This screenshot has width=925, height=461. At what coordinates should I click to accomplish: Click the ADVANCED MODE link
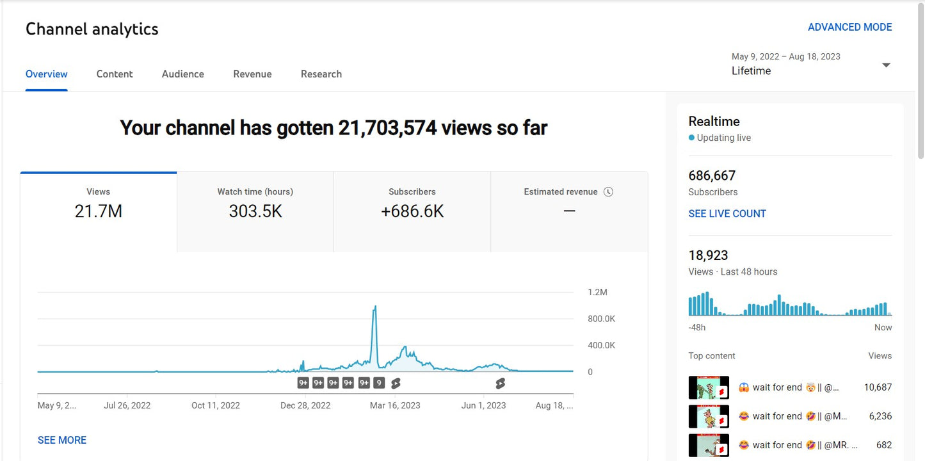(x=849, y=27)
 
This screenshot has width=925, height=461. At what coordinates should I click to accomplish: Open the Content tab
(x=115, y=74)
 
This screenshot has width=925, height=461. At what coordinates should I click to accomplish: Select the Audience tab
(x=182, y=74)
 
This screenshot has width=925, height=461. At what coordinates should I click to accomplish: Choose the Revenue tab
(x=252, y=74)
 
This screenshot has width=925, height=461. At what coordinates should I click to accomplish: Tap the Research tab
(x=321, y=74)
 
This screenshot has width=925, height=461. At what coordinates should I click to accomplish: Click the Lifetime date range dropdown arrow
(x=886, y=65)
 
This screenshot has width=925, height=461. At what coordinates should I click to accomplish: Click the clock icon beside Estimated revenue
(x=608, y=192)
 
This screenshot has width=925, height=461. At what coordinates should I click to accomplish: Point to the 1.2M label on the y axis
(x=597, y=292)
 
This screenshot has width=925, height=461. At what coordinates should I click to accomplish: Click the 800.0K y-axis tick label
(x=601, y=319)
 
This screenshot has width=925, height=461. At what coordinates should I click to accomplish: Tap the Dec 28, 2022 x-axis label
(x=305, y=405)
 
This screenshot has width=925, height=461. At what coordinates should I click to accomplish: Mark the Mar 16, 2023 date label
(x=395, y=405)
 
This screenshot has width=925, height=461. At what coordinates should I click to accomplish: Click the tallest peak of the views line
(x=374, y=307)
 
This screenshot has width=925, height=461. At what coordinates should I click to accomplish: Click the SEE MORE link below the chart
(x=62, y=440)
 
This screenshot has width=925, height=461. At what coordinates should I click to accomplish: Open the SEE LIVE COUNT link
(x=727, y=214)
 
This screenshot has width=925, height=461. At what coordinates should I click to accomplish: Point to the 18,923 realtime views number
(x=708, y=255)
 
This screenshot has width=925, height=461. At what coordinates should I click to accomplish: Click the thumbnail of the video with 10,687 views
(x=709, y=387)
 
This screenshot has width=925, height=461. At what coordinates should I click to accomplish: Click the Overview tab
(x=46, y=74)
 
